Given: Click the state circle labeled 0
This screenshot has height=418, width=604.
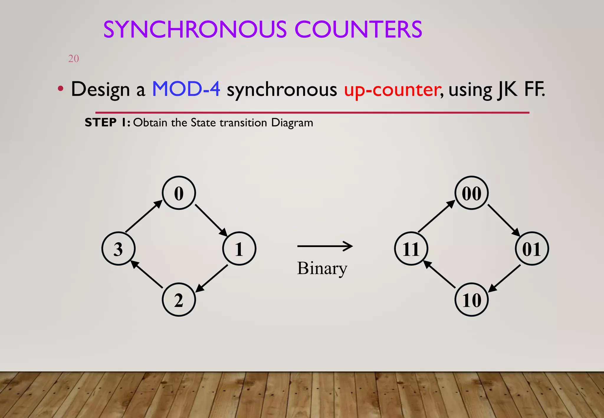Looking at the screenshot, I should pos(179,193).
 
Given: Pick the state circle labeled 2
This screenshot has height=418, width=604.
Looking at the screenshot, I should pos(179,300).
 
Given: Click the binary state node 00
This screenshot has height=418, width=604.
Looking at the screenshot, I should pos(472,193).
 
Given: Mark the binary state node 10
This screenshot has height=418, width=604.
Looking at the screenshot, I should pos(472,300).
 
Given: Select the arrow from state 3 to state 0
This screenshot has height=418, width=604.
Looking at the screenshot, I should pos(144,216).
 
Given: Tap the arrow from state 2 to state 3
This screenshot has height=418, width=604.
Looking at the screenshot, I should pos(147,274).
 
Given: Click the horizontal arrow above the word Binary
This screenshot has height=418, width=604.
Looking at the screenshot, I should pos(325,246).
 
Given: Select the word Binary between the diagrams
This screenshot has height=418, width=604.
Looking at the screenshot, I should pos(322,268).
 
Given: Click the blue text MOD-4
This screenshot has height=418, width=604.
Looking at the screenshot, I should pos(186,89).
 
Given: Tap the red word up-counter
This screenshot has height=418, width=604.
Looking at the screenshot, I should pos(393,90).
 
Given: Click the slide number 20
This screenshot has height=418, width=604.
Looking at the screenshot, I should pos(73,59).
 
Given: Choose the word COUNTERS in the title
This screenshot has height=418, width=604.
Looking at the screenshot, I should pos(358,29).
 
